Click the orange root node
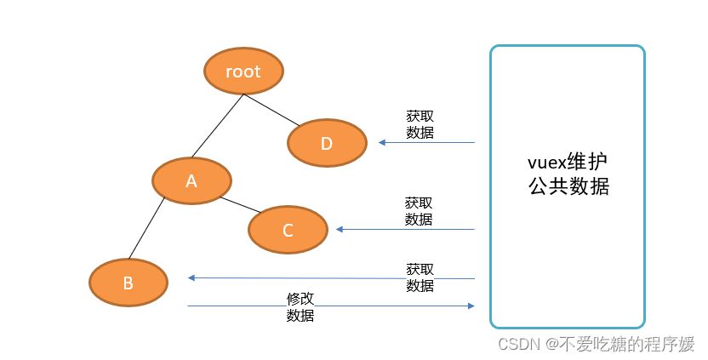(x=243, y=71)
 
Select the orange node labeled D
(x=327, y=142)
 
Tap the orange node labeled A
(x=191, y=180)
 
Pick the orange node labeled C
(x=288, y=229)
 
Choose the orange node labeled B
(x=128, y=283)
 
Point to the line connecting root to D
(x=273, y=110)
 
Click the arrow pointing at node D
(x=425, y=142)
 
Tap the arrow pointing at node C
(x=404, y=229)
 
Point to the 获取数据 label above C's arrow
(x=418, y=211)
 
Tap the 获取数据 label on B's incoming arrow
(x=420, y=277)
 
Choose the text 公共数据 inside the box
(x=568, y=187)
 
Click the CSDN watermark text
(x=596, y=344)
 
